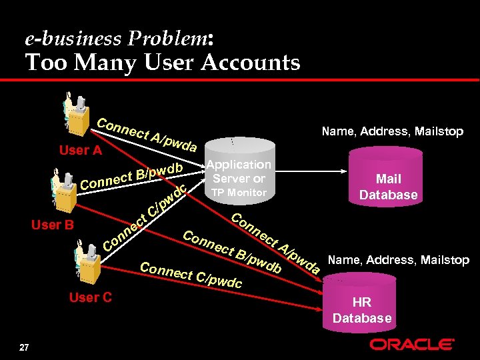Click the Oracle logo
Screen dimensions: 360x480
click(x=412, y=345)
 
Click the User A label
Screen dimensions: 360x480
click(x=80, y=151)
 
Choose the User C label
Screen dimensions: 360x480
click(x=91, y=297)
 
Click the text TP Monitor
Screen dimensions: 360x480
click(x=239, y=193)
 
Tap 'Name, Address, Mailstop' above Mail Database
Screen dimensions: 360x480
click(x=392, y=131)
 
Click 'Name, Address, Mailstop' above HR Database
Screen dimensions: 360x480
click(x=397, y=260)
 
